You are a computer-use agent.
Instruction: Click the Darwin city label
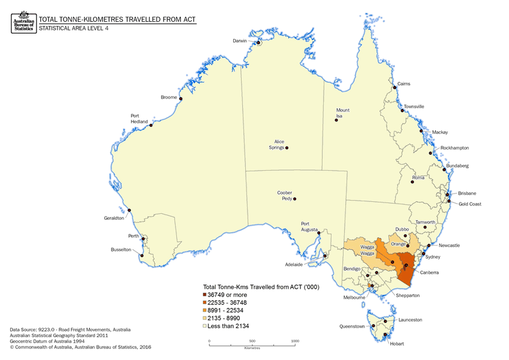240,41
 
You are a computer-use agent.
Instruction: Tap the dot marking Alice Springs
287,148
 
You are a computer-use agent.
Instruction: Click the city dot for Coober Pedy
294,199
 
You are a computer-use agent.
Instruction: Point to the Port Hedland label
138,119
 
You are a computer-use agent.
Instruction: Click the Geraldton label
114,218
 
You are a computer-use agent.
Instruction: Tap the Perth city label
133,237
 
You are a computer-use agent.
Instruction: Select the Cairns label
403,83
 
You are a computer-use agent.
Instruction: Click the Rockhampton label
454,147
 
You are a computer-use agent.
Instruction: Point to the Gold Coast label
471,204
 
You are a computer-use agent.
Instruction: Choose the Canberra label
430,273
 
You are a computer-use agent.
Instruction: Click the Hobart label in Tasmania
395,344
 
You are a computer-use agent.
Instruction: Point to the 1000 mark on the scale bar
294,341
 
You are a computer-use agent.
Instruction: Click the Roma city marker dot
412,180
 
